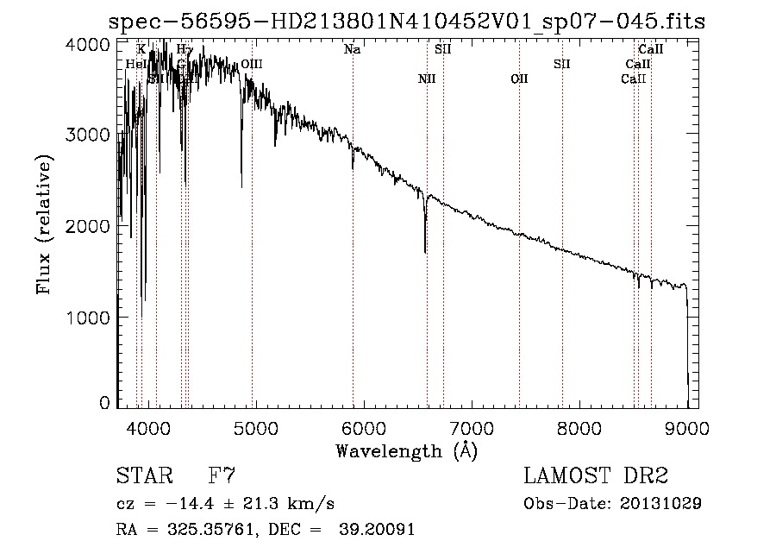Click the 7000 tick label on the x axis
tap(472, 426)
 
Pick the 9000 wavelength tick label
tap(688, 426)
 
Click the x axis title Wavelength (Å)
tap(406, 450)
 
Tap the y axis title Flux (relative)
tap(45, 224)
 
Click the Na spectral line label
tap(352, 49)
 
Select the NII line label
tap(426, 79)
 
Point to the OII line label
tap(519, 79)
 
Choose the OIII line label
tap(252, 64)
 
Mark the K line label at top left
tap(141, 49)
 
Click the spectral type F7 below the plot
tap(222, 476)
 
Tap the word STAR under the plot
tap(142, 476)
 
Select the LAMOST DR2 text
tap(596, 476)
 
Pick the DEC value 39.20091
tap(379, 530)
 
